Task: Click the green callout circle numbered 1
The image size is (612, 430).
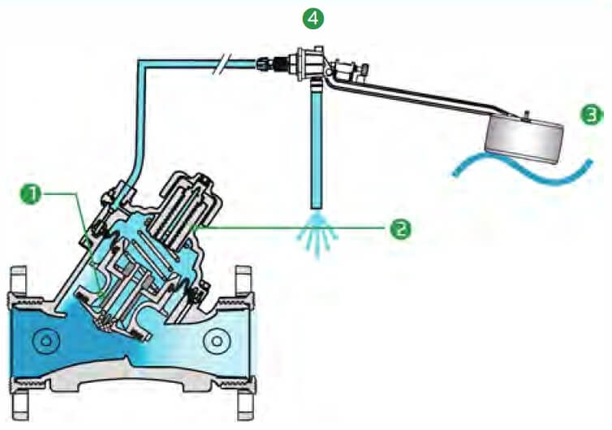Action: [31, 194]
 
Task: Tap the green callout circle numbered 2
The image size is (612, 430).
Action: [400, 228]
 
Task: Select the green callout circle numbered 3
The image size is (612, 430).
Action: [592, 115]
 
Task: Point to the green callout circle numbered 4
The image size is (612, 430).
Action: [313, 18]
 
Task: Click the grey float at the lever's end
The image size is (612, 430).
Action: [524, 140]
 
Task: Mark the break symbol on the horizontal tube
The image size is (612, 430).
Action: [222, 63]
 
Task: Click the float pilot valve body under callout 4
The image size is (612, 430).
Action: [309, 63]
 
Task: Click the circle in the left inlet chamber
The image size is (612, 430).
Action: [46, 341]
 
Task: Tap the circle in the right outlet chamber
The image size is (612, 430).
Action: [217, 341]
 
